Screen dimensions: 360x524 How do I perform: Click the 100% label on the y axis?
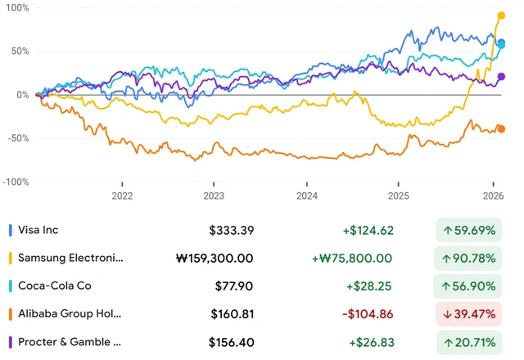click(x=17, y=7)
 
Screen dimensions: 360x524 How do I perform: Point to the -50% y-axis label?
click(x=17, y=138)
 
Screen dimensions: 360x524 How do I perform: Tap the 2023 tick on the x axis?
click(x=214, y=196)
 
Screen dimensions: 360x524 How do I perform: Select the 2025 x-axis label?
click(x=399, y=196)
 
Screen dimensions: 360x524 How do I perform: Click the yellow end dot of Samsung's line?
click(x=502, y=16)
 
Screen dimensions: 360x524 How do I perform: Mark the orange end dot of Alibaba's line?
click(x=502, y=128)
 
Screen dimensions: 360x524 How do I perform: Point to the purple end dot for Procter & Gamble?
click(x=502, y=77)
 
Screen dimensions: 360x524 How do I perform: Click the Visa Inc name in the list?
click(x=38, y=230)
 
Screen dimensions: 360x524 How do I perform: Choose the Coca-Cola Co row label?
click(x=54, y=286)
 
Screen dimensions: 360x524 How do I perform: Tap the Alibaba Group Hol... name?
click(x=70, y=314)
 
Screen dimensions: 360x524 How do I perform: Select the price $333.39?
click(x=231, y=231)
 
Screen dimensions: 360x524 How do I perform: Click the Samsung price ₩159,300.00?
click(x=215, y=259)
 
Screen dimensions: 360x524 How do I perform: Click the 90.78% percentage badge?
click(x=467, y=259)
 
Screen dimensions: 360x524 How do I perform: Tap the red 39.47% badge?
click(x=467, y=314)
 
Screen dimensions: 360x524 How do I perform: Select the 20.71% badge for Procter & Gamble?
click(x=467, y=342)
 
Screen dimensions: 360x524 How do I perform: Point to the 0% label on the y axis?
click(x=22, y=95)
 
